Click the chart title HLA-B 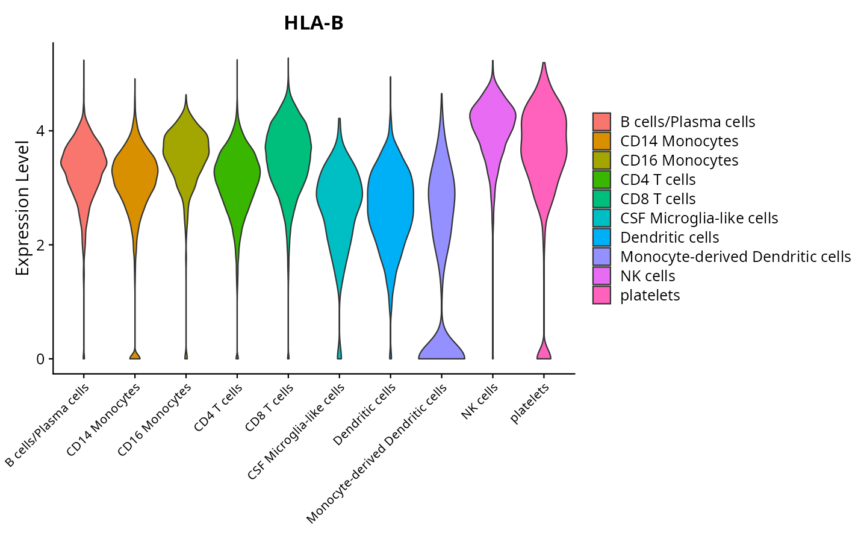pos(314,23)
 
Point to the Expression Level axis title pos(22,208)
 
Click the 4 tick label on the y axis pos(40,131)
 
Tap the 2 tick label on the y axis pos(40,245)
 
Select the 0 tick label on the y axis pos(40,359)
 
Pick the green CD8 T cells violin pos(288,151)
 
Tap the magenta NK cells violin pos(493,120)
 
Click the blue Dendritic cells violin pos(391,199)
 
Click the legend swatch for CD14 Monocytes pos(601,141)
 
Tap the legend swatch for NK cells pos(601,276)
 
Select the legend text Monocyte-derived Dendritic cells pos(735,257)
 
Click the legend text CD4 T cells pos(657,179)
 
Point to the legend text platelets pos(650,295)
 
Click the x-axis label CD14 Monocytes pos(104,419)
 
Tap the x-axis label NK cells pos(480,401)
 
